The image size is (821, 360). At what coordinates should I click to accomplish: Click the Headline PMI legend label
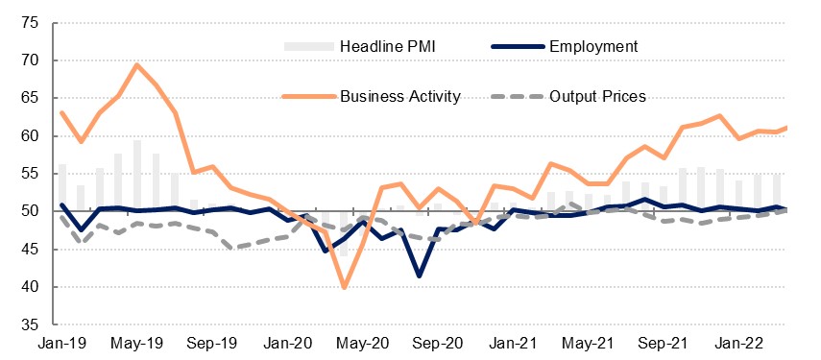coord(388,47)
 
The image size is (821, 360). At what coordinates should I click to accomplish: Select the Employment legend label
coord(593,47)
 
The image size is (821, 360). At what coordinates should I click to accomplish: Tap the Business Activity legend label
coord(400,97)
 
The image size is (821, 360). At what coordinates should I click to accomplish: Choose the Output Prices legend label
coord(597,97)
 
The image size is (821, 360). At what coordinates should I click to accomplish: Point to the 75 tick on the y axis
coord(30,23)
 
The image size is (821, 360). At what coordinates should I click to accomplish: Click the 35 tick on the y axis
coord(30,324)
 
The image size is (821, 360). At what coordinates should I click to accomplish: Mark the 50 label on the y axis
coord(30,211)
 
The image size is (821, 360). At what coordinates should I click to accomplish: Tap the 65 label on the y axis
coord(30,98)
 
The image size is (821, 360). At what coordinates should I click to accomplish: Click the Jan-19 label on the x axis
coord(62,344)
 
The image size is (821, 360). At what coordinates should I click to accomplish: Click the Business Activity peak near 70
coord(137,64)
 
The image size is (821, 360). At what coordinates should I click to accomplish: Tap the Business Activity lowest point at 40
coord(344,287)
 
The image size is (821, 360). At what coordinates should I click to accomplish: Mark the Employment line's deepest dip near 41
coord(419,276)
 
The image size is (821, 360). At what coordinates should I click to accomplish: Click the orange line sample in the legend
coord(308,97)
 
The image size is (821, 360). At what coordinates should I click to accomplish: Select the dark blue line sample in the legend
coord(518,47)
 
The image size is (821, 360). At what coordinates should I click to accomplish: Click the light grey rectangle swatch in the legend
coord(309,47)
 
